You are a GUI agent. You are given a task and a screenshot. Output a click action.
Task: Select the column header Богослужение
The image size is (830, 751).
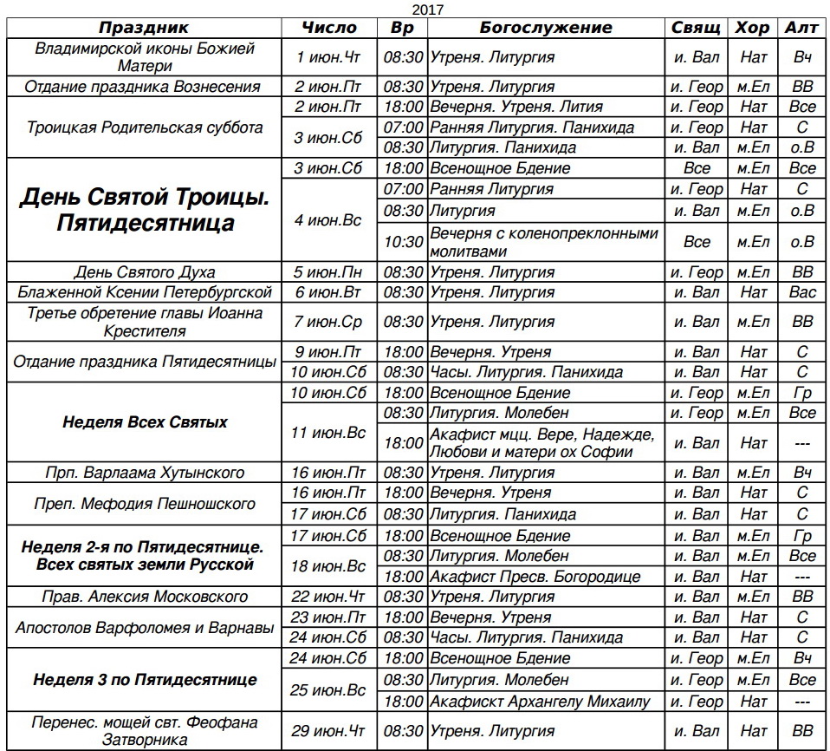click(545, 28)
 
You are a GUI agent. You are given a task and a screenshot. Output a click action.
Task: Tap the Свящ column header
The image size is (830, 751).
click(696, 28)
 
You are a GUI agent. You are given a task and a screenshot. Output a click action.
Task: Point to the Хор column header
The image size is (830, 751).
click(753, 28)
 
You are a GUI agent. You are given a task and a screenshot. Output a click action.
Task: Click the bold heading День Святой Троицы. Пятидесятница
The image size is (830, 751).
click(144, 210)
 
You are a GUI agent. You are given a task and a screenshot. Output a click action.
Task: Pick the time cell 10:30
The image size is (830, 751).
click(403, 242)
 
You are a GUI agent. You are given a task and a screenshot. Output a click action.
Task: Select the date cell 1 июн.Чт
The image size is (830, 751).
click(328, 58)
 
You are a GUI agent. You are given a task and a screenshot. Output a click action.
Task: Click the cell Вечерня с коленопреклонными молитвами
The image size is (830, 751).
click(544, 242)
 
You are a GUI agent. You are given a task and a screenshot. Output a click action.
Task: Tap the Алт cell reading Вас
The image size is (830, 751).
click(803, 292)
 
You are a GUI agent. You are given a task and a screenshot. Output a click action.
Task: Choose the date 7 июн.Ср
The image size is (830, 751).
click(328, 322)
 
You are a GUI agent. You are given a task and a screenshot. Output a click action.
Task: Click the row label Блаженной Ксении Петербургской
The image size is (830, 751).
click(144, 292)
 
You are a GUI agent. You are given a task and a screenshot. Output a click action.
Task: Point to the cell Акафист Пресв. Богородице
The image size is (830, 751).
click(535, 577)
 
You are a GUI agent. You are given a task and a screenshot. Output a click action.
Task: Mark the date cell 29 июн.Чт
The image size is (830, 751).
click(328, 730)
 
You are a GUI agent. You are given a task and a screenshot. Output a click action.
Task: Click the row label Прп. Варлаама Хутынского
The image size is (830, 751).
click(144, 473)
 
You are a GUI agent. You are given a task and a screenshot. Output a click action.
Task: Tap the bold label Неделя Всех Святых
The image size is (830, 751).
click(144, 423)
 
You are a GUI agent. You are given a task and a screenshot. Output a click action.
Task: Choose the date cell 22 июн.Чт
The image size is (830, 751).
click(328, 597)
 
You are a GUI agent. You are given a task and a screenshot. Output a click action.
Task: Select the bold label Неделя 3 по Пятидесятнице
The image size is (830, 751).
click(144, 680)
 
